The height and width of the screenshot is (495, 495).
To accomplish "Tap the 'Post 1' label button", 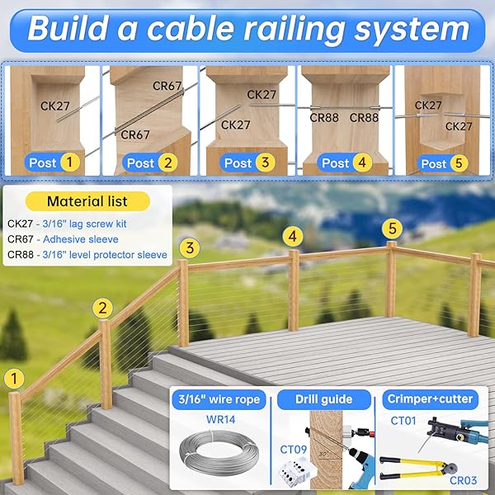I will (52, 163).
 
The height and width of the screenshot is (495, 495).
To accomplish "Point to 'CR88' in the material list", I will (19, 255).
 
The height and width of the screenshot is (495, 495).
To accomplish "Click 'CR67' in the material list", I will (19, 239).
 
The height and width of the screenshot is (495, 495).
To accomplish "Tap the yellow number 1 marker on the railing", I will (12, 379).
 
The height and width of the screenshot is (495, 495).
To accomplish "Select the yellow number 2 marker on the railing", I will (102, 309).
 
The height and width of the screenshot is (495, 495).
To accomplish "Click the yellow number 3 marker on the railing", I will (189, 247).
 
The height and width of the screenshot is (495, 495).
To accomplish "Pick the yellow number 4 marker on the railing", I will (291, 235).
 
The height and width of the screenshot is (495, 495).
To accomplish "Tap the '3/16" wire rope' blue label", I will (219, 400).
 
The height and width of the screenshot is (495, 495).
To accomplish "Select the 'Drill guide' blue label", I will (323, 400).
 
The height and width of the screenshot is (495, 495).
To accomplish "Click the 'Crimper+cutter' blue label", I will (429, 399).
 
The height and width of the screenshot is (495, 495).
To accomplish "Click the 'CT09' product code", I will (294, 450).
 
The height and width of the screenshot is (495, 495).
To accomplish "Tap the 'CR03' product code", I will (468, 478).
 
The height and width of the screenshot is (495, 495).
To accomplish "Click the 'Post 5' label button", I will (443, 163).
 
